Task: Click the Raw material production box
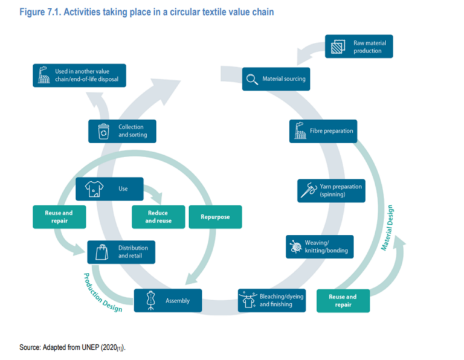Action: coord(359,47)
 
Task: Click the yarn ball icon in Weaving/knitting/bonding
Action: coord(296,246)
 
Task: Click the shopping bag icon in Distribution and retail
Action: coord(101,251)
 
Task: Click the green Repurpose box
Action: coord(215,217)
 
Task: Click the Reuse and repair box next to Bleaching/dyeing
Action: coord(343,300)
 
